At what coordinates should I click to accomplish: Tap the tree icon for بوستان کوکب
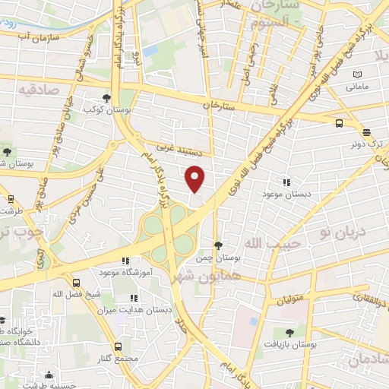coord(106,98)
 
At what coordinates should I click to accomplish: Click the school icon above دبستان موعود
coord(286,182)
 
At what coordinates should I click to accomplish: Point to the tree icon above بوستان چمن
coord(219,245)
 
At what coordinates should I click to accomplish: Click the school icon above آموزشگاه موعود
coord(138,260)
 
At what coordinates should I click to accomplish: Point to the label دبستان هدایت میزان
coord(139,310)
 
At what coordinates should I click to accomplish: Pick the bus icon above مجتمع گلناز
coord(117,346)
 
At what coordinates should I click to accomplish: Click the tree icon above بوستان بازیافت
coord(289,332)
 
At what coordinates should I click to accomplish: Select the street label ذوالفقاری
coord(363,301)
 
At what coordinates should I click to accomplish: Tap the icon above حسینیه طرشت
coord(49,375)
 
